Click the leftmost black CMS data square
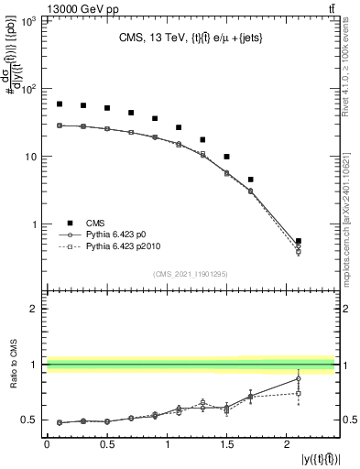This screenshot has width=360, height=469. (59, 104)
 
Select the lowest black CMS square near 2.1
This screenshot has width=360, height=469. (299, 241)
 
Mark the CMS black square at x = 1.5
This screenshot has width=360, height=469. (227, 157)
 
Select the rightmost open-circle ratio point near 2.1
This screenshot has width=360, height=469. (299, 378)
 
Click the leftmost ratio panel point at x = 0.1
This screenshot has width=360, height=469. (59, 422)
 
